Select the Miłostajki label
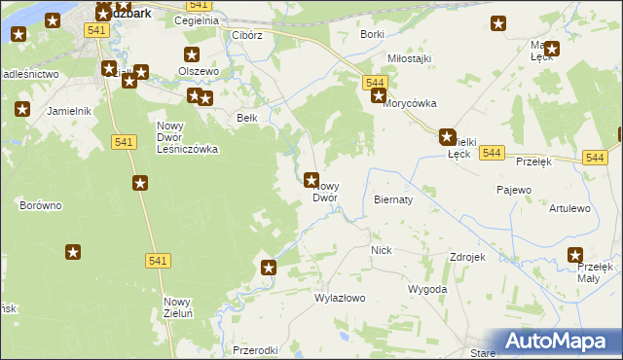click(x=409, y=58)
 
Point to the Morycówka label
click(x=410, y=103)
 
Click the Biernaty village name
click(x=393, y=198)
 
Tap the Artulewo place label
click(x=569, y=208)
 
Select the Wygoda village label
click(x=427, y=289)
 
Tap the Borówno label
click(x=41, y=205)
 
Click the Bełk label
click(x=247, y=118)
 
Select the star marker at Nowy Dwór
click(x=311, y=179)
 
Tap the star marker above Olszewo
click(x=191, y=55)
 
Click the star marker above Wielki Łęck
click(x=447, y=137)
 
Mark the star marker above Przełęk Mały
click(x=576, y=255)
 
